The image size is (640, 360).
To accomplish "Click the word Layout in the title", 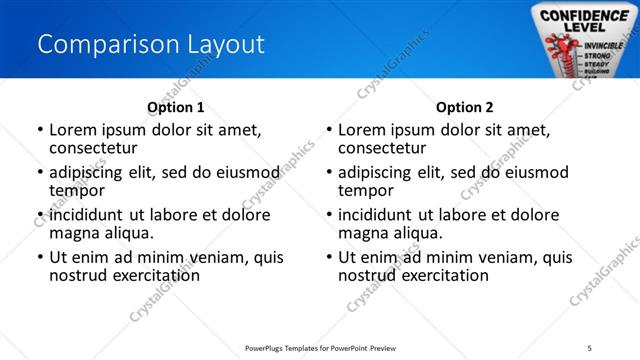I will [x=224, y=45].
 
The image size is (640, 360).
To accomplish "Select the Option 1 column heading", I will [x=175, y=107].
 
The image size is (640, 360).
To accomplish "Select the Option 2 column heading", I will [x=464, y=107].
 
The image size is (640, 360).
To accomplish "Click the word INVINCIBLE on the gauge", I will [x=603, y=45].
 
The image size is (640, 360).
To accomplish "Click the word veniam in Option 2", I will [x=492, y=256].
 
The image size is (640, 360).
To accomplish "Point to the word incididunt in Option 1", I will [x=88, y=214].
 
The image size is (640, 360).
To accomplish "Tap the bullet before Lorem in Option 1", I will [x=39, y=131].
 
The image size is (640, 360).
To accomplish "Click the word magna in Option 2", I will [x=366, y=233].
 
